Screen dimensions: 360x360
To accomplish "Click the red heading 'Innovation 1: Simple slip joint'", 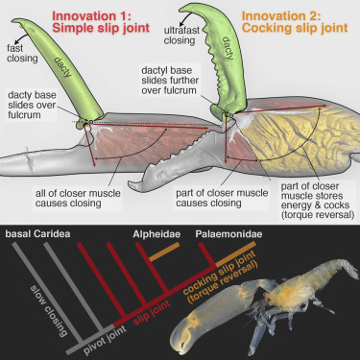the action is point(111,22).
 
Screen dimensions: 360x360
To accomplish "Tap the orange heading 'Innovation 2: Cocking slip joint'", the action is point(292,22).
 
